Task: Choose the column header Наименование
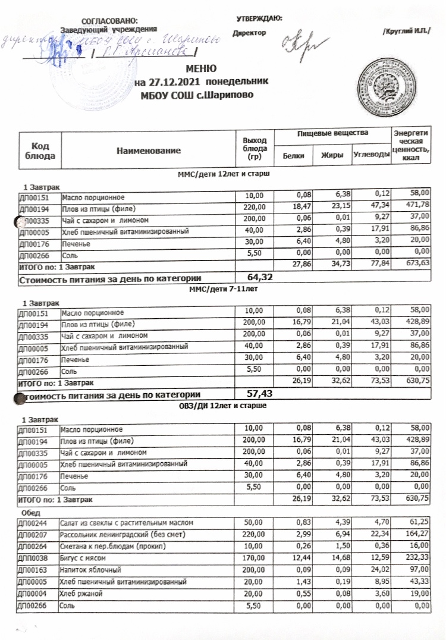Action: pyautogui.click(x=149, y=151)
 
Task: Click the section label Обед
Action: pyautogui.click(x=31, y=511)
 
